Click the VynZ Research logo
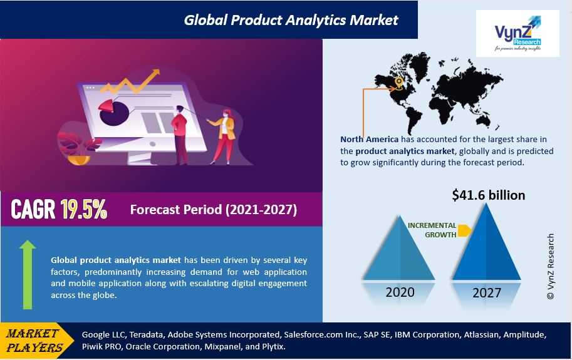(x=517, y=33)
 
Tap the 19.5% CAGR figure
(x=84, y=209)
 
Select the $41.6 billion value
(x=489, y=195)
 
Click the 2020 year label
(x=400, y=292)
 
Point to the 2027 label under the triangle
(x=487, y=292)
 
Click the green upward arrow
(x=28, y=275)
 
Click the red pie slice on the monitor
(x=107, y=107)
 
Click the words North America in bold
(x=369, y=139)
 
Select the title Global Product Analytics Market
(x=291, y=20)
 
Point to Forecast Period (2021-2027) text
(x=214, y=210)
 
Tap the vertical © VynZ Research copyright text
(x=551, y=266)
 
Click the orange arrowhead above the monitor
(x=155, y=72)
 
